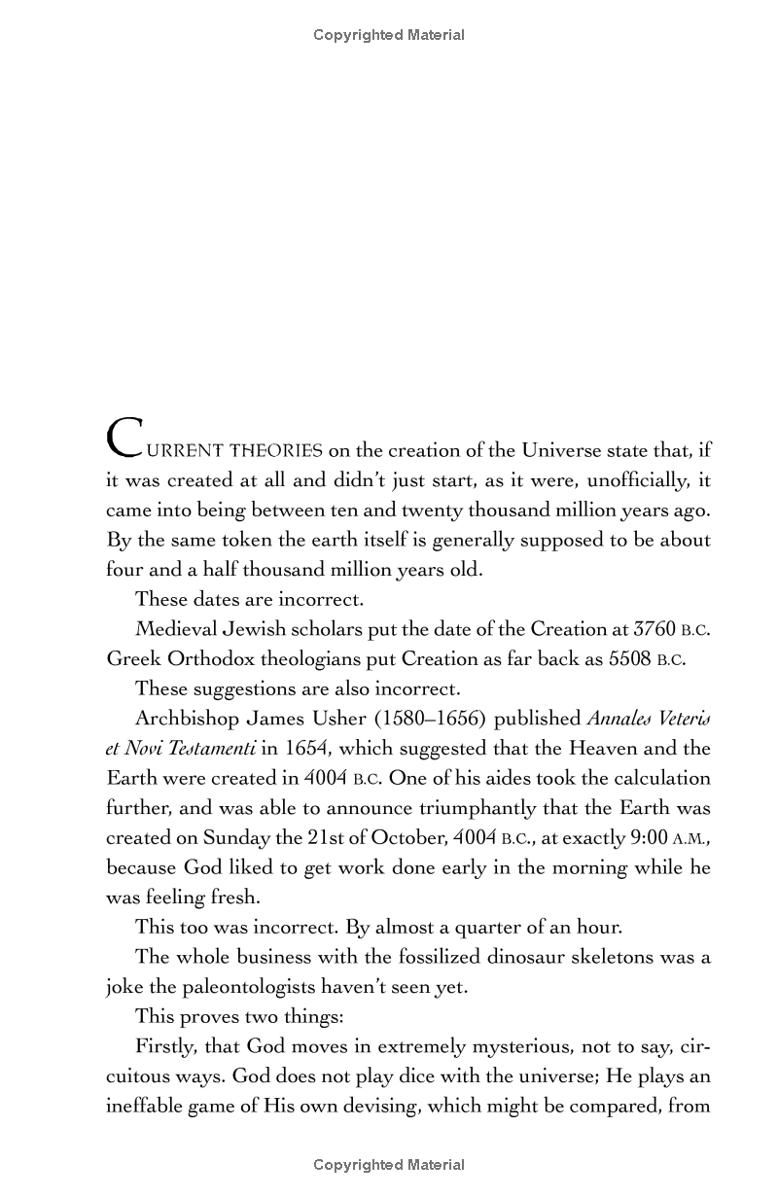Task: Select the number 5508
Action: click(x=629, y=658)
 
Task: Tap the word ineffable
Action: click(x=142, y=1106)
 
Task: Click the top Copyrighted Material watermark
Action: click(x=389, y=35)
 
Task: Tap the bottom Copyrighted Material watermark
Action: click(x=389, y=1165)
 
